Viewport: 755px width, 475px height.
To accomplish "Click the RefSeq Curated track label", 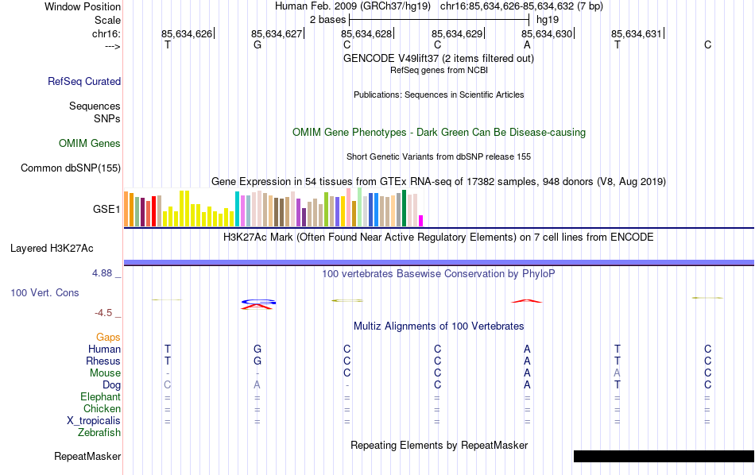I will point(84,81).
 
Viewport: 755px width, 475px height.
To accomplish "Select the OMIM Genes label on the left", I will point(90,144).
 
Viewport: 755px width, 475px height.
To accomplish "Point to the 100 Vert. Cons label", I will point(45,293).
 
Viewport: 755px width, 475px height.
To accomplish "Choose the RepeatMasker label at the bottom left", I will point(87,457).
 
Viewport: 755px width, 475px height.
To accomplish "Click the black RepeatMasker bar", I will point(664,456).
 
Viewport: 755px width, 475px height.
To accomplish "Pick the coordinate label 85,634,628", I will point(366,34).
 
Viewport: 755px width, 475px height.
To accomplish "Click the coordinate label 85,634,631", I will point(636,34).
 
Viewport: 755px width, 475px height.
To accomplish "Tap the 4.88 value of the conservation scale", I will point(106,273).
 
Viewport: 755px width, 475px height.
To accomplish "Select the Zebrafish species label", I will point(99,433).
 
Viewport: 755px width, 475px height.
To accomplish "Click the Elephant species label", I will point(100,397).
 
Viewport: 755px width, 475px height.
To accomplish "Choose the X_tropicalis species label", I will point(94,421).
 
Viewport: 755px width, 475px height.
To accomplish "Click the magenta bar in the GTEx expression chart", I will point(421,221).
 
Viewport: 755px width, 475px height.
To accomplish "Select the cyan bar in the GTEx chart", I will point(237,209).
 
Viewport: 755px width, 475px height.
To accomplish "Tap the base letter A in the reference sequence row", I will point(527,45).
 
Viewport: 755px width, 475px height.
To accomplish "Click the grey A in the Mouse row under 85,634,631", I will point(617,373).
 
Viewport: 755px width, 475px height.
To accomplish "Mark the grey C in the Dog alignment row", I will point(167,385).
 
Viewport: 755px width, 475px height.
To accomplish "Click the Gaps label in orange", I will point(108,338).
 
